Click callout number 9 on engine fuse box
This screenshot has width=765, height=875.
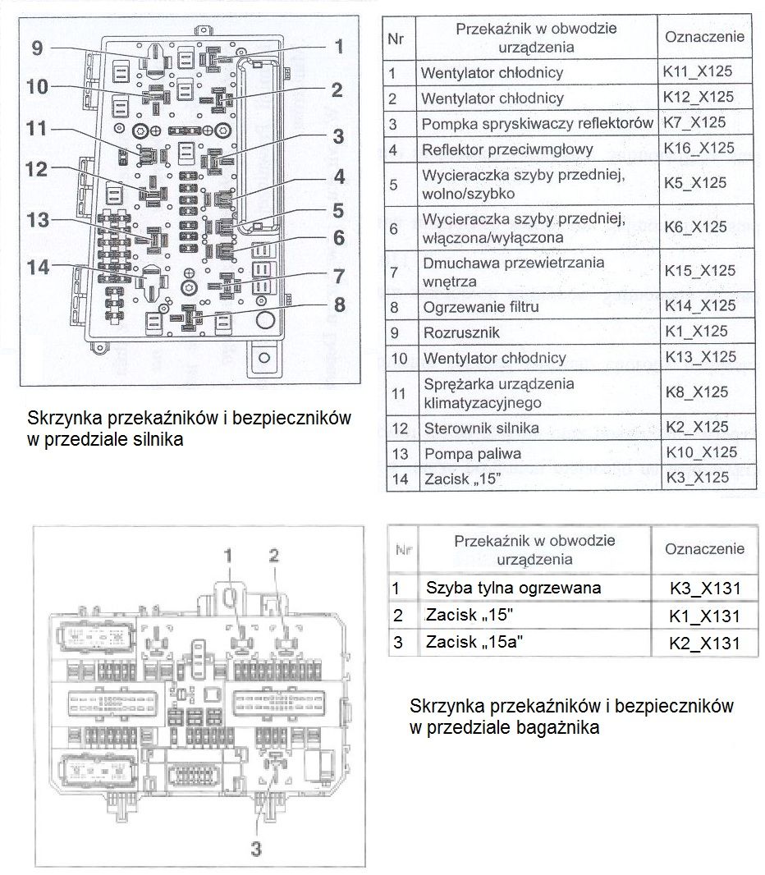(37, 48)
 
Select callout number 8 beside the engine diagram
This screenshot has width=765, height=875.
(339, 305)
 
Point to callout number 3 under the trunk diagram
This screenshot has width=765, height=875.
(255, 850)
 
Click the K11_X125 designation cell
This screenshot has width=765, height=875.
(698, 71)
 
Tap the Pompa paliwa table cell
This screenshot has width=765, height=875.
(472, 453)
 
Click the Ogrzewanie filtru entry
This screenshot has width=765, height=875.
(480, 306)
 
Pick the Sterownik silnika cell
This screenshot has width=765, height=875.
(480, 428)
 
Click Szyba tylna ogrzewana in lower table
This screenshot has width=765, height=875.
(513, 588)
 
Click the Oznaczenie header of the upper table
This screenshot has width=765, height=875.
(704, 37)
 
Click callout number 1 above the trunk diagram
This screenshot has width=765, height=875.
(229, 556)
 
